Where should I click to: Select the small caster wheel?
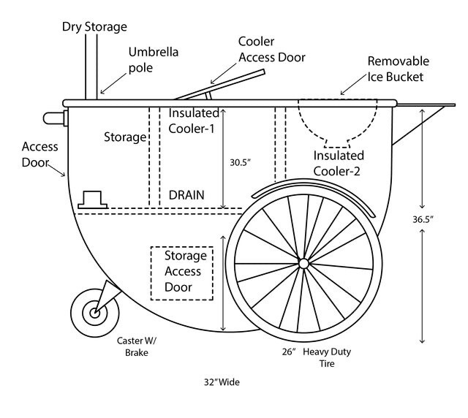[94, 313]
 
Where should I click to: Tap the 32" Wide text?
[222, 381]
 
